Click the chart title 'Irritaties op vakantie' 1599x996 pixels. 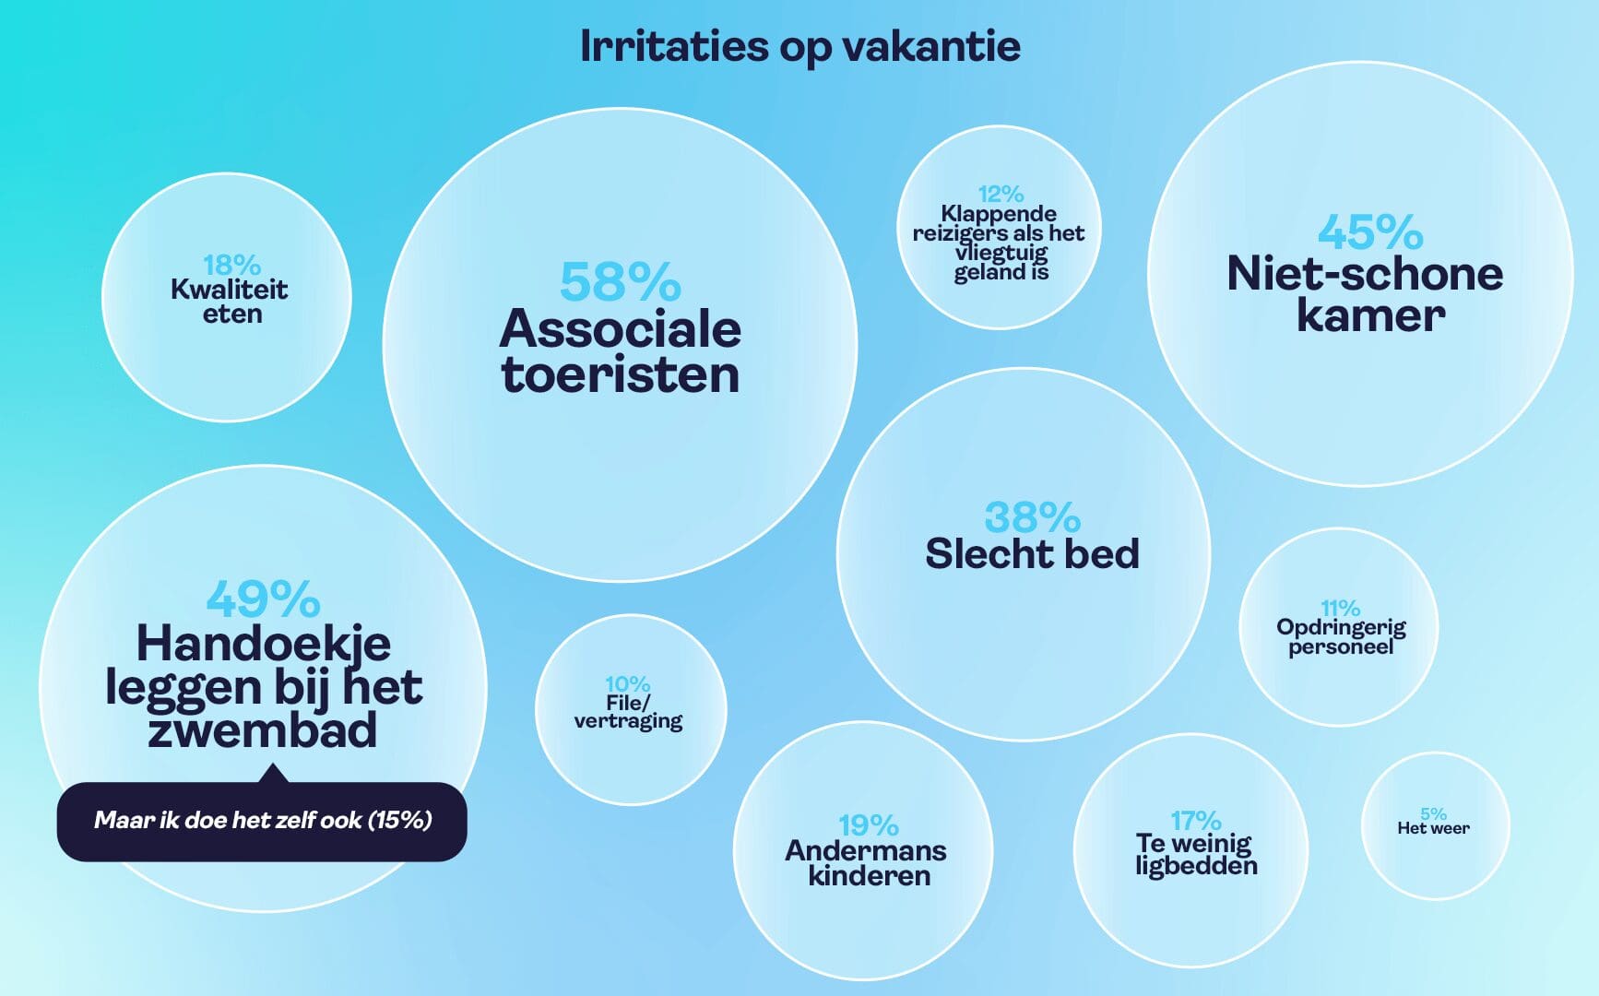(799, 47)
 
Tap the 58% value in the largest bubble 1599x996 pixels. (620, 281)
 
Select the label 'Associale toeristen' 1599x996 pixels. (620, 351)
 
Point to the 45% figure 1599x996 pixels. (1369, 231)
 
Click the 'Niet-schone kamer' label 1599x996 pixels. (1365, 294)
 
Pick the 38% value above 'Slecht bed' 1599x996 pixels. (1032, 517)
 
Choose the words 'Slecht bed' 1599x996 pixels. (1032, 553)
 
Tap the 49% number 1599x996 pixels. (263, 599)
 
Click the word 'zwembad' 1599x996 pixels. (263, 729)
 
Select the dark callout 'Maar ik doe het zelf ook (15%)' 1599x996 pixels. (262, 820)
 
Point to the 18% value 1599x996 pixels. (231, 266)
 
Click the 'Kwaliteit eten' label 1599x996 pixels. (230, 302)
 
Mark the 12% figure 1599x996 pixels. (1001, 194)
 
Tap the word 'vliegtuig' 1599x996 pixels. (1001, 253)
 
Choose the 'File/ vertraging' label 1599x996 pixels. (628, 712)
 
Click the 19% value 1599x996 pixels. (868, 824)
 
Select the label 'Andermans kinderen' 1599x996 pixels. (866, 862)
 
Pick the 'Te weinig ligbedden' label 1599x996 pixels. (1196, 855)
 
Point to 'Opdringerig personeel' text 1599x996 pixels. (1341, 636)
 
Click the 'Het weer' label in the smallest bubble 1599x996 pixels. (1433, 828)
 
